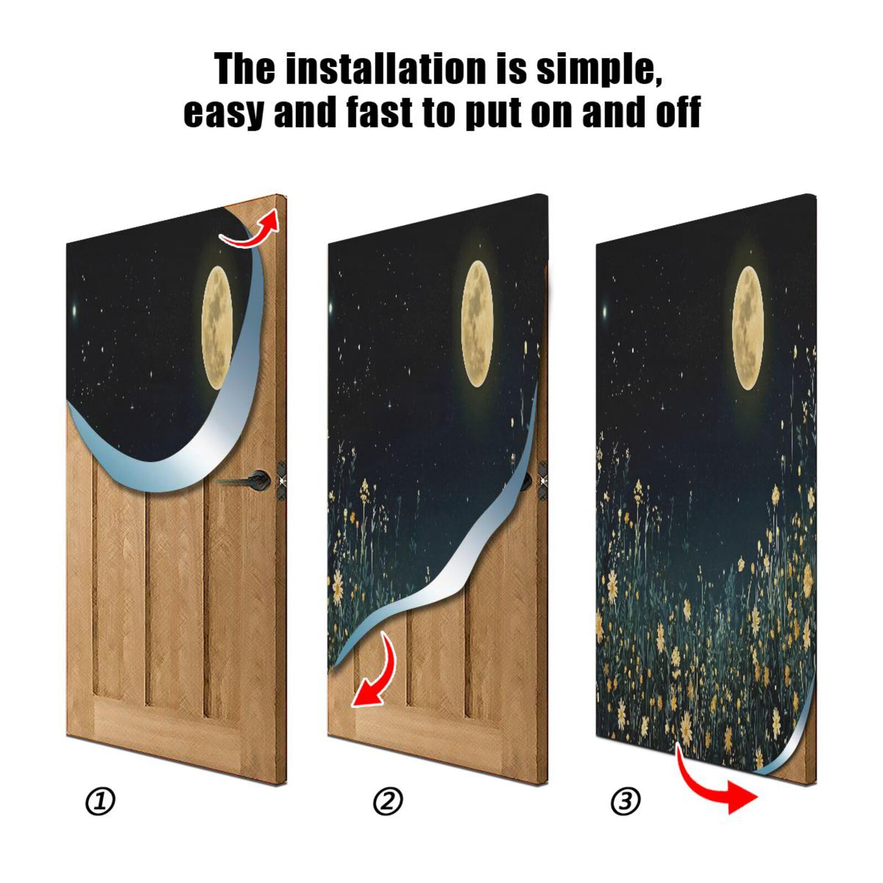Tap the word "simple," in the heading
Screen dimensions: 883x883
[x=599, y=69]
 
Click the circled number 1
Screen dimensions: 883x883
[x=100, y=802]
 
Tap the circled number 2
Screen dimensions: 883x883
[x=388, y=802]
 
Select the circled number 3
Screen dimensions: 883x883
[x=625, y=802]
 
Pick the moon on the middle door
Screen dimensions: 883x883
[x=477, y=323]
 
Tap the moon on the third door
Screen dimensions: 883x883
[x=748, y=328]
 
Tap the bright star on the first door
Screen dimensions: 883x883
[x=76, y=312]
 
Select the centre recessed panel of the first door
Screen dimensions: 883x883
[x=175, y=596]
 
